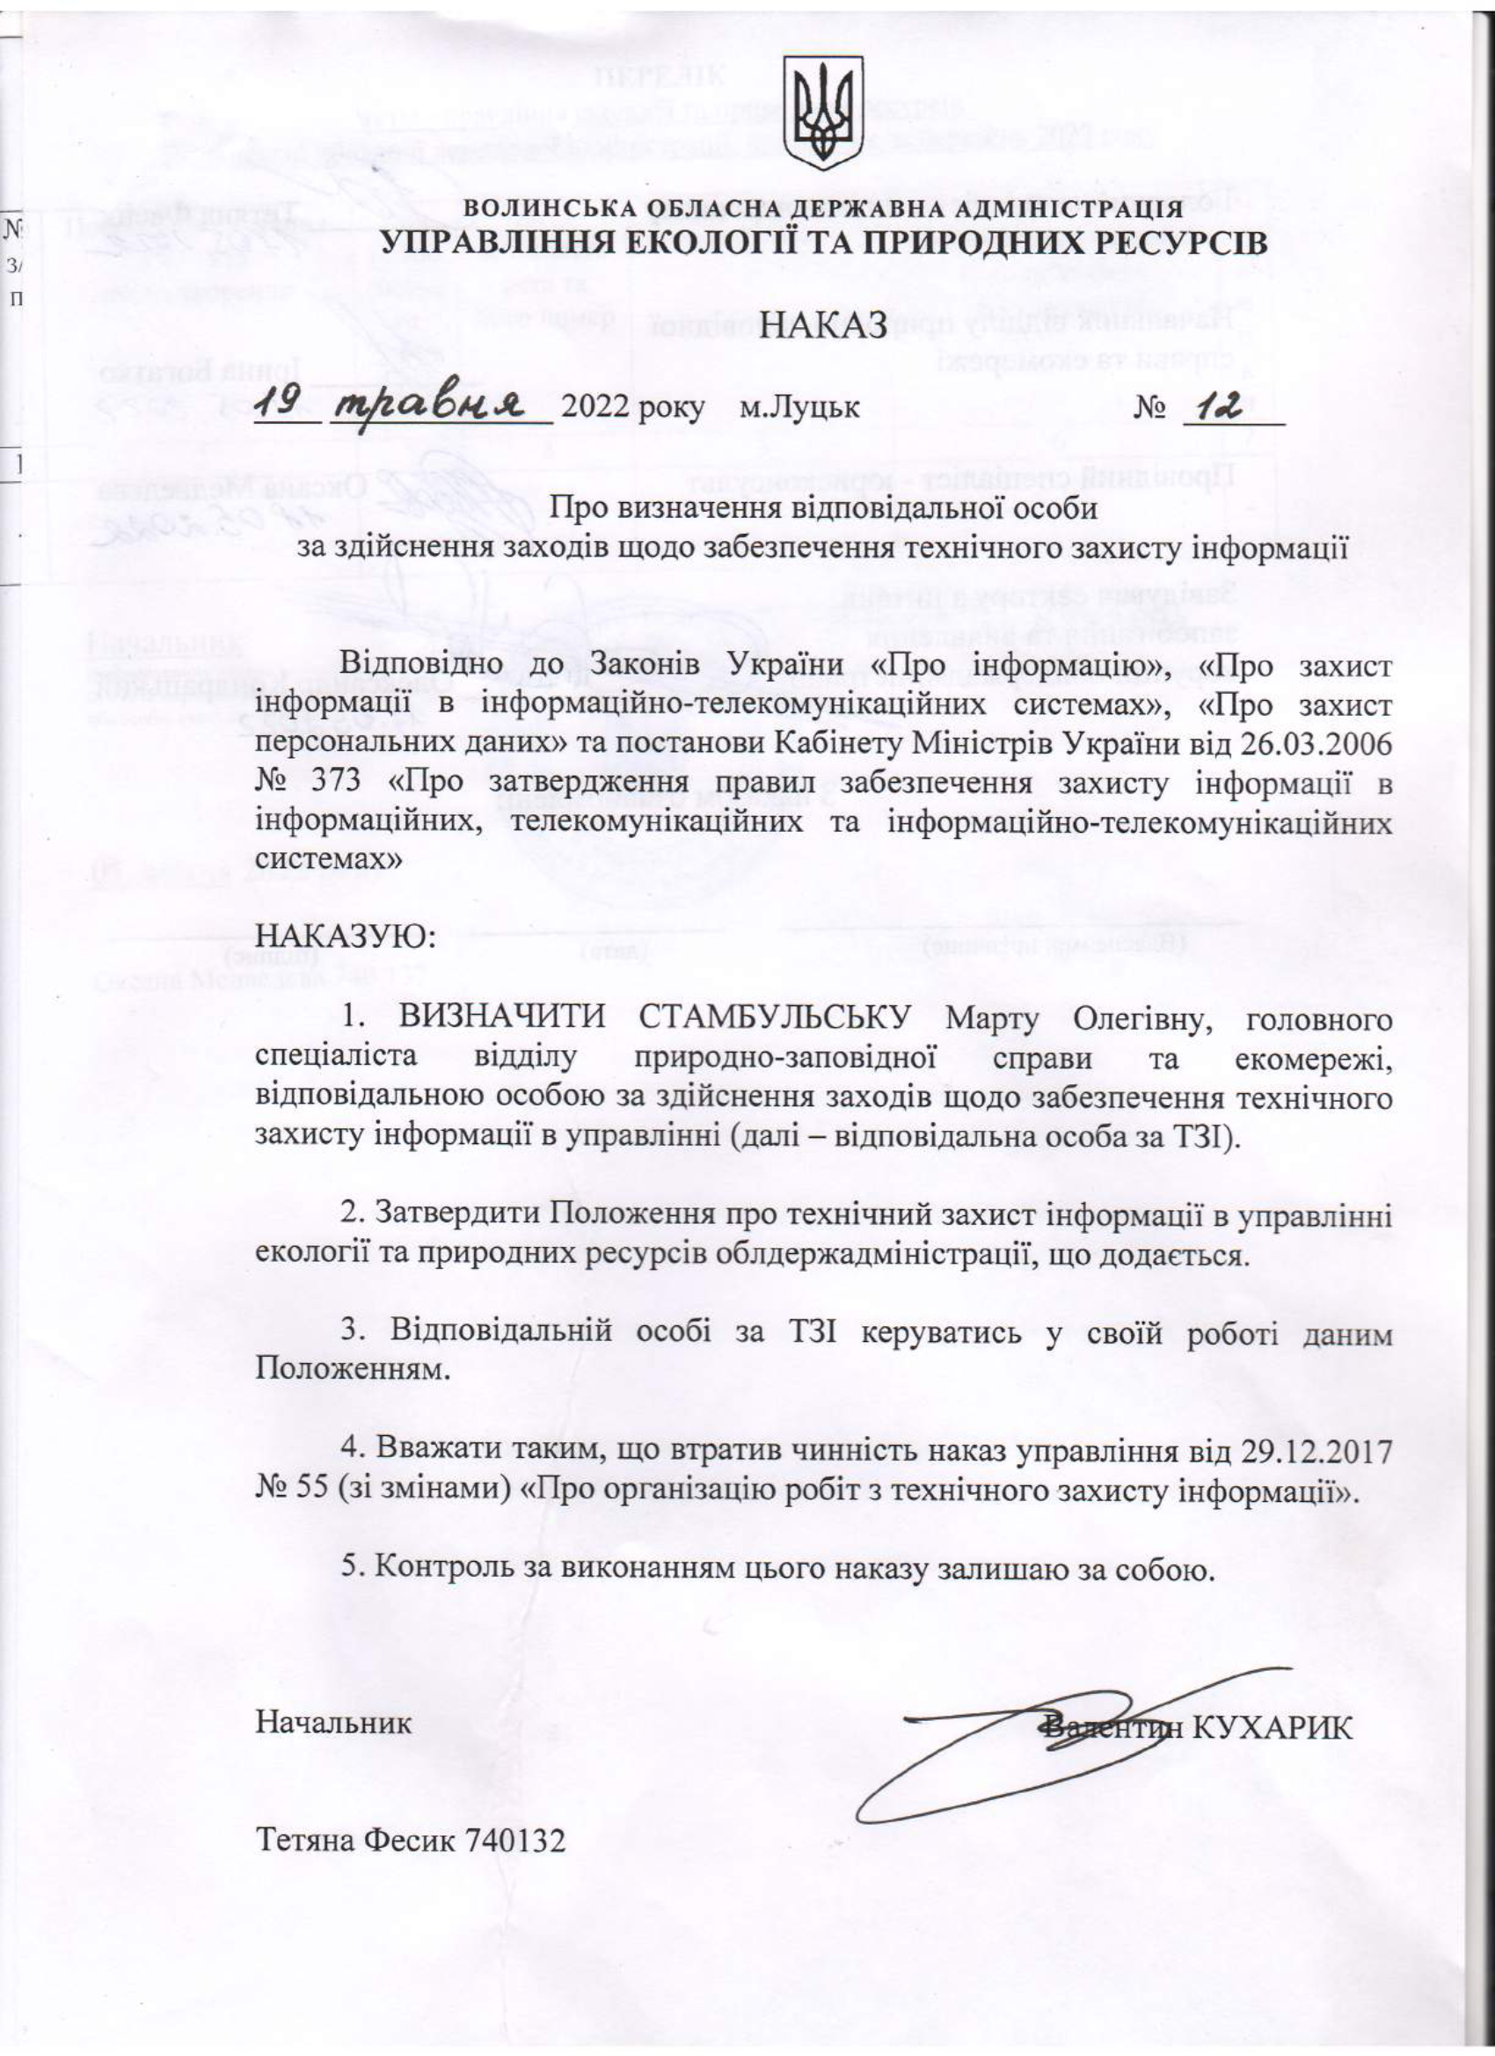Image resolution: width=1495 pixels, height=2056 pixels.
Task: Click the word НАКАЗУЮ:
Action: coord(346,933)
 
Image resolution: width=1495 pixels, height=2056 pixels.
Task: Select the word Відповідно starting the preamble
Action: coord(421,665)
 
